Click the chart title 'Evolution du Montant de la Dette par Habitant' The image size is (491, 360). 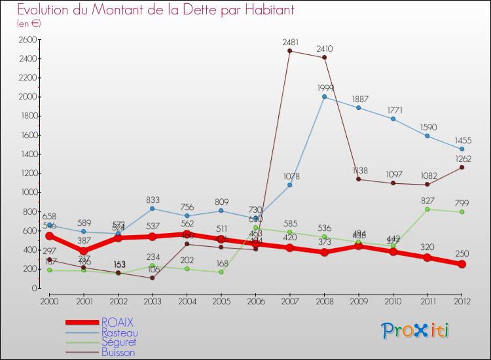coord(156,10)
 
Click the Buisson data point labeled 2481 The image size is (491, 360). coord(289,51)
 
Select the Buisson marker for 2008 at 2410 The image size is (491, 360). coord(324,58)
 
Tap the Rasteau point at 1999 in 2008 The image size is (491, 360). coord(324,97)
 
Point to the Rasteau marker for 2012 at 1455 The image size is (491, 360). coord(462,149)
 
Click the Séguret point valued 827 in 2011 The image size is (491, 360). coord(427,209)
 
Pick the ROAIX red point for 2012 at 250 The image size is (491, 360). coord(462,264)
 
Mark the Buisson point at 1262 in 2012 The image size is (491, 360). coord(462,167)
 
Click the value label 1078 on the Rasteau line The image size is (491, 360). coord(289,176)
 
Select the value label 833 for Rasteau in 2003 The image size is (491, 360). coord(152,200)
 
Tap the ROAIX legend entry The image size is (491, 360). coord(118,322)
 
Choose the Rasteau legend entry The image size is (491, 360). coord(120,333)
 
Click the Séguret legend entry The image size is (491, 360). coord(119,342)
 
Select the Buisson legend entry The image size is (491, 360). coord(118,352)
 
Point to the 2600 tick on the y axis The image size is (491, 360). coord(27,39)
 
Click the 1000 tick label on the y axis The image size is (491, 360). coord(27,192)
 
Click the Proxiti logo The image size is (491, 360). coord(416,331)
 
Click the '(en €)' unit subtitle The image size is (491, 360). coord(29,23)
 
